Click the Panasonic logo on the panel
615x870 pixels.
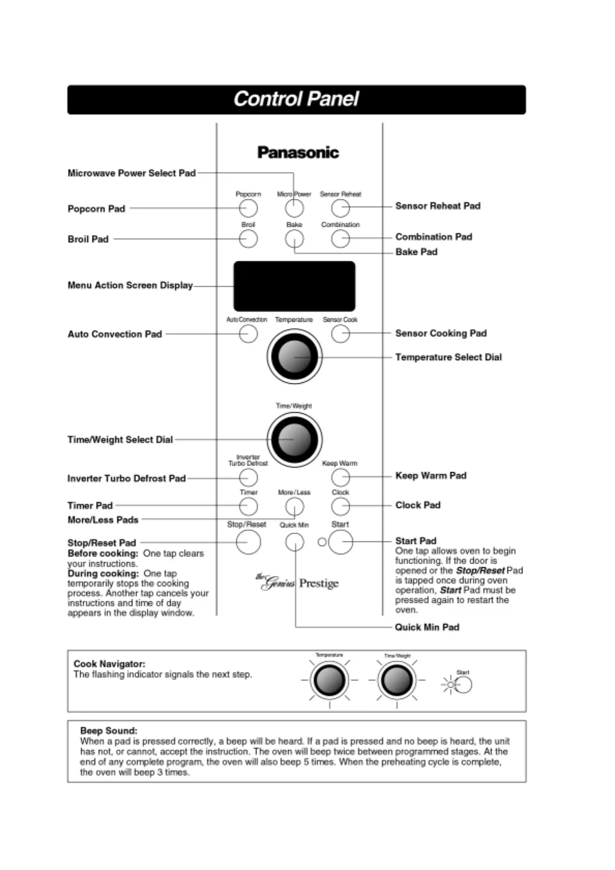click(x=298, y=152)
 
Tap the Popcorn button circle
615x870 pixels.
click(x=248, y=208)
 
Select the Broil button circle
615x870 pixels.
click(x=248, y=239)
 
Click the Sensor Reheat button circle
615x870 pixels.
click(x=340, y=208)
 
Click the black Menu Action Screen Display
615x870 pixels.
click(x=294, y=286)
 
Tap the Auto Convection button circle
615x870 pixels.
click(x=248, y=334)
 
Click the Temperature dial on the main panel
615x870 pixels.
click(x=294, y=356)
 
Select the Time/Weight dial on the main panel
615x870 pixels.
click(x=294, y=439)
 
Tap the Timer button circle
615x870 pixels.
click(x=248, y=506)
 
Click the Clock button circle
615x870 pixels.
click(x=340, y=506)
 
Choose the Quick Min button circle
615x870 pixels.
click(x=294, y=542)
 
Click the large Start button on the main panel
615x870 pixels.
click(x=341, y=542)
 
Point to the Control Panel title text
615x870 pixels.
click(x=296, y=99)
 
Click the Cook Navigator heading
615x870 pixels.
click(x=109, y=664)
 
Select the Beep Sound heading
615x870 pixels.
click(x=109, y=731)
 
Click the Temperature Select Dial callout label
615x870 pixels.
click(x=448, y=357)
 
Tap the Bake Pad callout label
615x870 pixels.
click(x=416, y=252)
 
